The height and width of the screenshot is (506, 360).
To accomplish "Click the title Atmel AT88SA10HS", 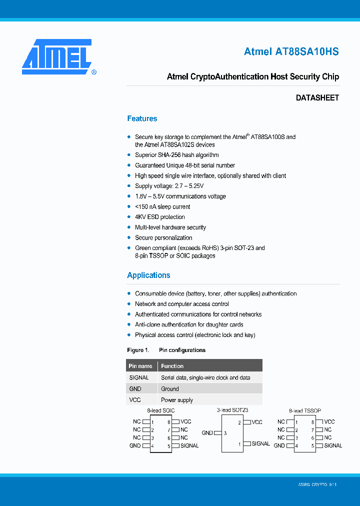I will [x=291, y=51].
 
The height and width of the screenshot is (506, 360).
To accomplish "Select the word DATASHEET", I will [x=317, y=98].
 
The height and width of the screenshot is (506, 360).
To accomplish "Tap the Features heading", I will [x=142, y=118].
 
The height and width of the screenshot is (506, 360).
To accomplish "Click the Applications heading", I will [x=148, y=275].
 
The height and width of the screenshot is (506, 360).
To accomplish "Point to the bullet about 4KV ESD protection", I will [x=160, y=217].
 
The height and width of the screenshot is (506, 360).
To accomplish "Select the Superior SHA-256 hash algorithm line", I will [x=176, y=155].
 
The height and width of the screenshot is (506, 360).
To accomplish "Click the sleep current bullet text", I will [x=162, y=206].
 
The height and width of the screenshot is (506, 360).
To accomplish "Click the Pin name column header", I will [x=140, y=366].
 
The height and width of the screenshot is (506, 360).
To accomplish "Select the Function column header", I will [x=172, y=366].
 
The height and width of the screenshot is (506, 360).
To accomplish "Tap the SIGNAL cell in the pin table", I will [x=139, y=377].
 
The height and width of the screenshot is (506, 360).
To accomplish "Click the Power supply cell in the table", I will [x=176, y=400].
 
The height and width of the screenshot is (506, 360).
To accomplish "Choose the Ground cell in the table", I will [x=169, y=388].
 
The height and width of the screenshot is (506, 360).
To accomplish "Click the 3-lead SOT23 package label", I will [x=232, y=410].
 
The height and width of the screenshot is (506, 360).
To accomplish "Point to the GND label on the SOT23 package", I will [x=207, y=433].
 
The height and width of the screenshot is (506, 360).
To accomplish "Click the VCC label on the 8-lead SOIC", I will [x=185, y=422].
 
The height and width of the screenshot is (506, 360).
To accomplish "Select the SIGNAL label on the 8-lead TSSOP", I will [x=333, y=445].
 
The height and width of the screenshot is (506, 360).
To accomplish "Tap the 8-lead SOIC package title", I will [x=160, y=410].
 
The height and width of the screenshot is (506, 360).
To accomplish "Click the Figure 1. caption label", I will [x=138, y=350].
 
